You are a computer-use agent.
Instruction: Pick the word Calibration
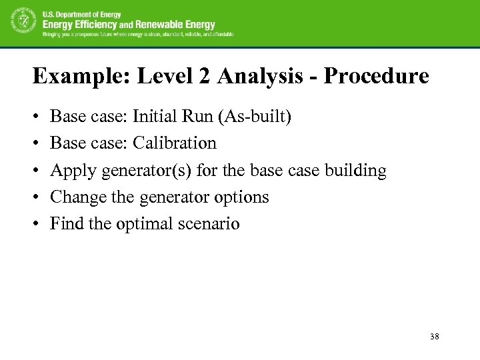(x=175, y=143)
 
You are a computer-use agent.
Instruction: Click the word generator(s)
(x=139, y=171)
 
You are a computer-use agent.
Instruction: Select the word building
(x=355, y=171)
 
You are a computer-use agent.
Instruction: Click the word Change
(x=77, y=197)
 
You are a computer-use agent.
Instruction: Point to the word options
(x=241, y=197)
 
